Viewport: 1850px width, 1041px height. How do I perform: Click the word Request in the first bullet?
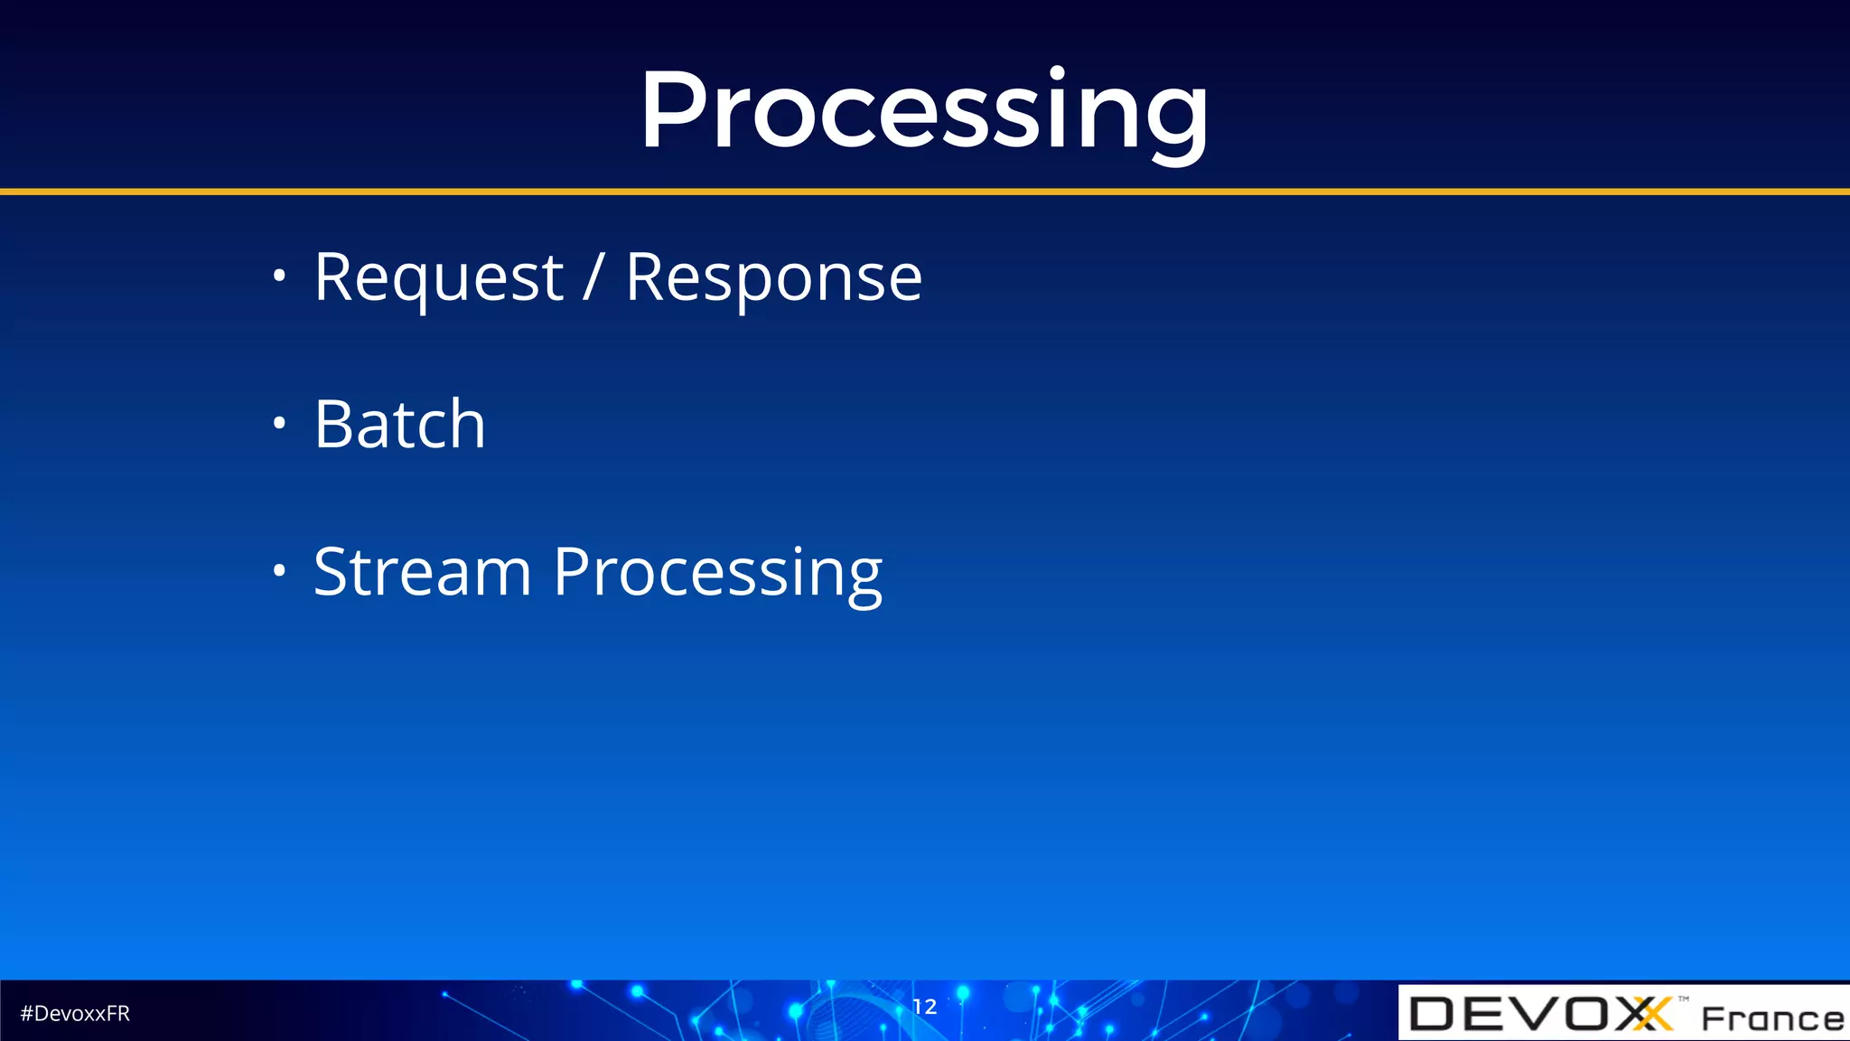438,278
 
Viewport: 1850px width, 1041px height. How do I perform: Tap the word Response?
773,278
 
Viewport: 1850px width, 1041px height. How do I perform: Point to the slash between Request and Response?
593,277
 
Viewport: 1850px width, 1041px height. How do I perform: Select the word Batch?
399,424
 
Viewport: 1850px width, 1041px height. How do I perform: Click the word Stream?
422,572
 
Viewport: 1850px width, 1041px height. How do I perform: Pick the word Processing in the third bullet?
717,574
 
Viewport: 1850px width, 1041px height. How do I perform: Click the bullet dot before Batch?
279,423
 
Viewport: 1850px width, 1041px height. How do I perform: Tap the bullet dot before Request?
279,275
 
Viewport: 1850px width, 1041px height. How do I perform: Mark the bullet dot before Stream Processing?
279,570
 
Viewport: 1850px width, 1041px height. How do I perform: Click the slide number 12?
924,1007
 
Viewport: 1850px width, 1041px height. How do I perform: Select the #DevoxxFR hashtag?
75,1014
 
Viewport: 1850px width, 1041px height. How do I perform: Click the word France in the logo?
1772,1018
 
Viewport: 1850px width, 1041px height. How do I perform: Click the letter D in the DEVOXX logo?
1433,1014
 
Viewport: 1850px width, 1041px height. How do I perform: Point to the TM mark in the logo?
1684,999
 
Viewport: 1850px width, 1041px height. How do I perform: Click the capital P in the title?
673,111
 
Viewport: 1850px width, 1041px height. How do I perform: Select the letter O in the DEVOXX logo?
1590,1014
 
